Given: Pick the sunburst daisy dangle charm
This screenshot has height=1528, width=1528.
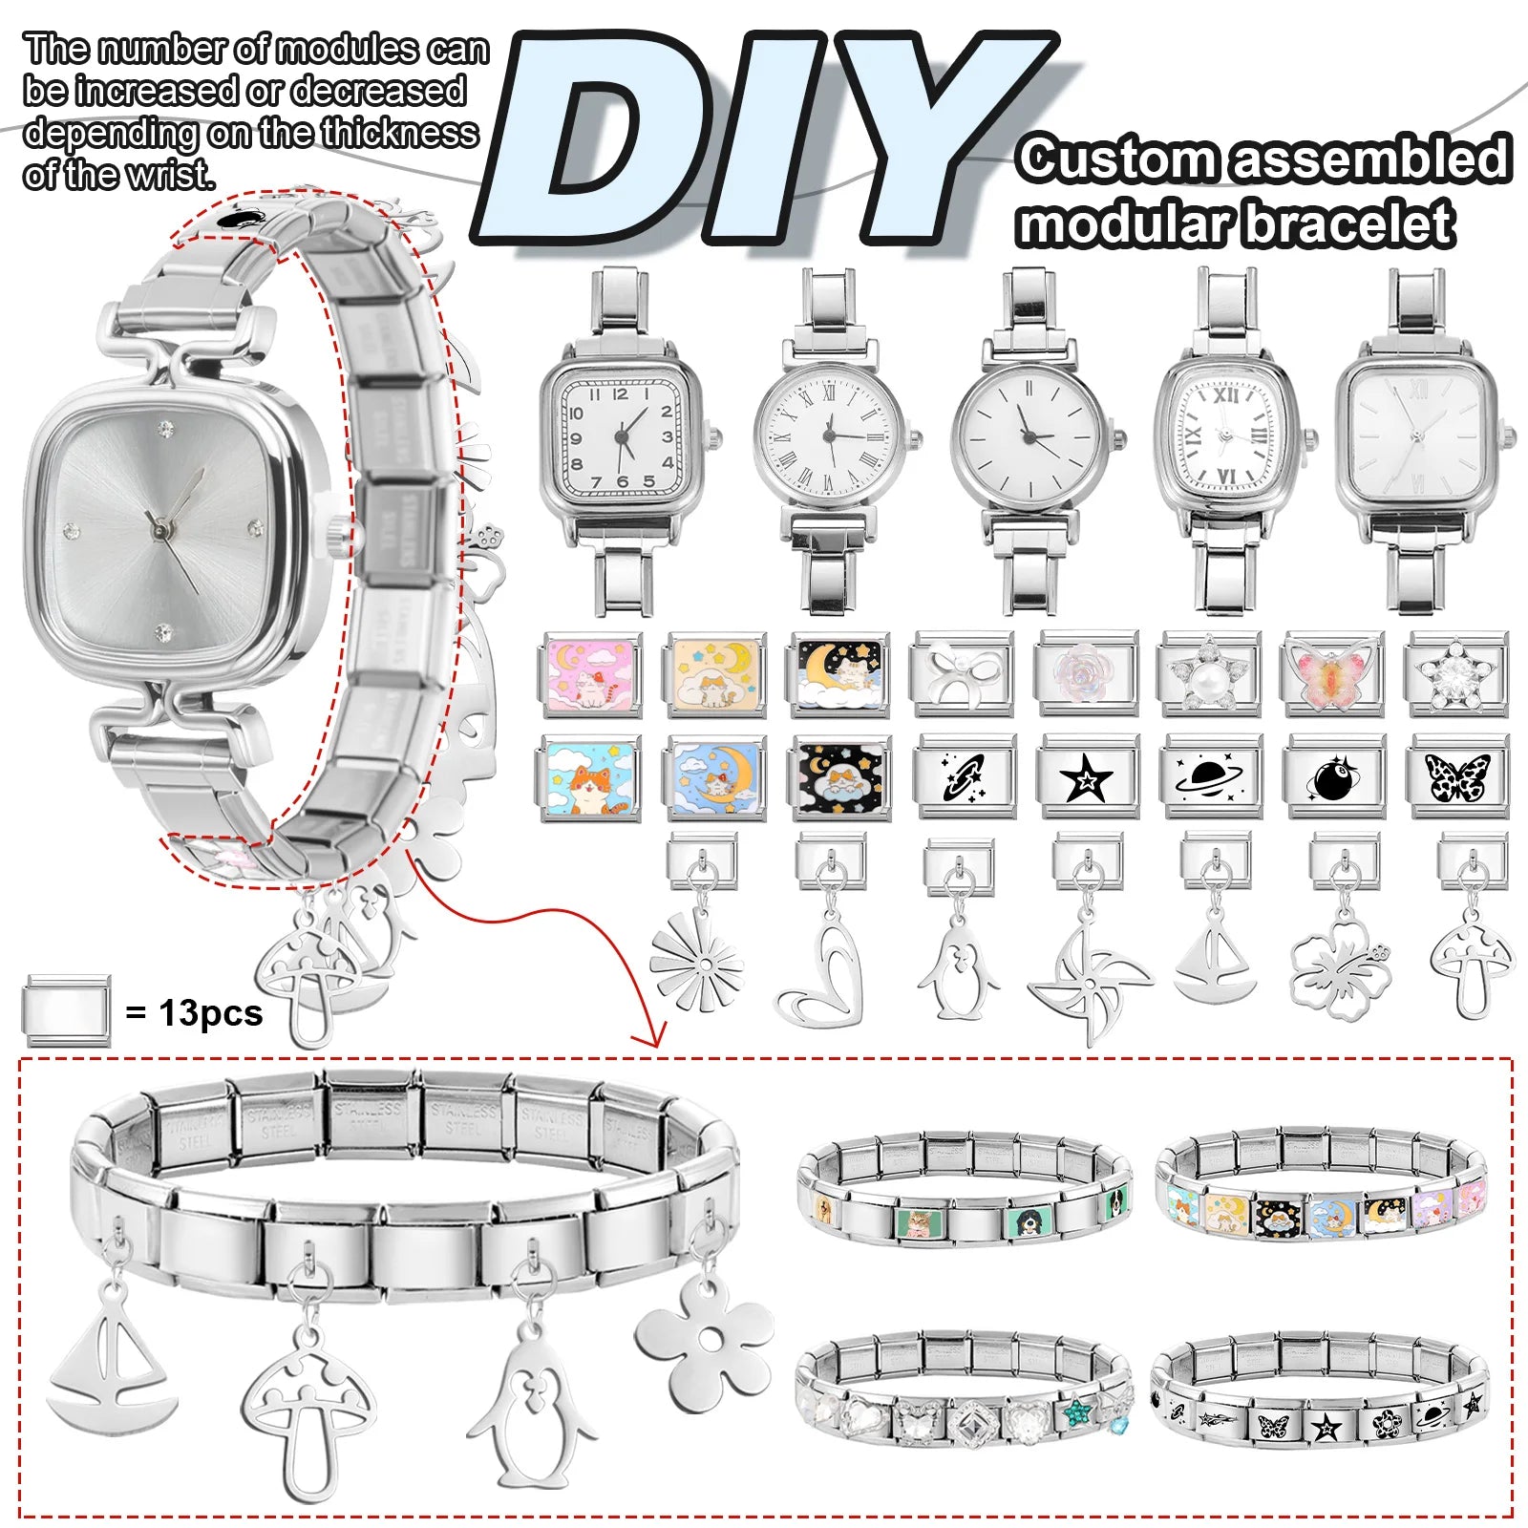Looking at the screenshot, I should point(696,960).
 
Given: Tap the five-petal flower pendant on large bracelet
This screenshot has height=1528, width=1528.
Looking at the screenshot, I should point(706,1342).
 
